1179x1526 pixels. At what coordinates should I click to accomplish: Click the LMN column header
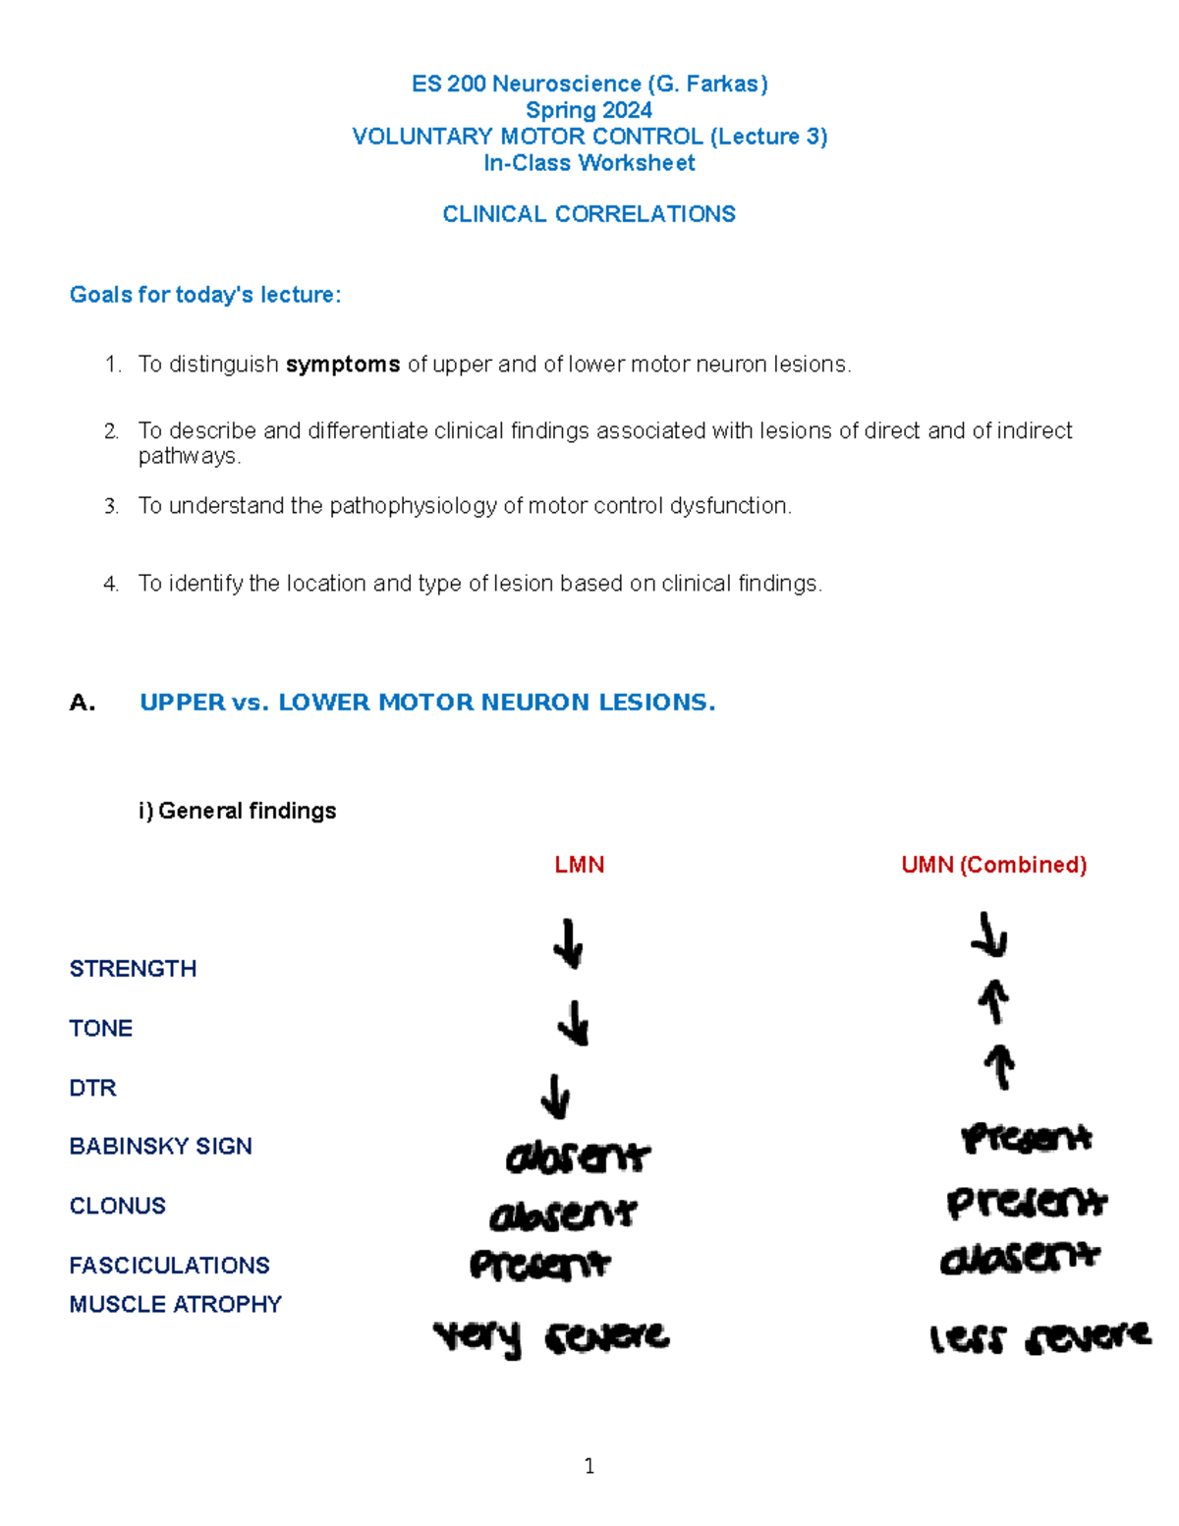[x=579, y=865]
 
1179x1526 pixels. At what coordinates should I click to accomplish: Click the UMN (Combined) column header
[x=993, y=865]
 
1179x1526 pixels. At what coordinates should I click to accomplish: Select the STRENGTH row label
[x=133, y=969]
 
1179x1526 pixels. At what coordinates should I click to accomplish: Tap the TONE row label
[x=101, y=1028]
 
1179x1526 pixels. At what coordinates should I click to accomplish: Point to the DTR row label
[x=93, y=1088]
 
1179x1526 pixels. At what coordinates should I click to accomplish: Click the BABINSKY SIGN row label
[x=161, y=1146]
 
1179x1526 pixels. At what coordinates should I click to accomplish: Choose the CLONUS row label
[x=118, y=1206]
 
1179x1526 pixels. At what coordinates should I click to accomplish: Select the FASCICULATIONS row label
[x=170, y=1265]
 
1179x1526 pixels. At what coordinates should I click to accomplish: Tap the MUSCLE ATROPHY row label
[x=176, y=1304]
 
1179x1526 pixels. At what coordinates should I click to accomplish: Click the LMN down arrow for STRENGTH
[x=568, y=943]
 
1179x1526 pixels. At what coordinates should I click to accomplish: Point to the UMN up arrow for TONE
[x=993, y=1002]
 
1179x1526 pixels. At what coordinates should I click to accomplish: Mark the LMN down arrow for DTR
[x=556, y=1096]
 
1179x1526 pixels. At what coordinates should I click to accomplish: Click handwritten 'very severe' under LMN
[x=551, y=1337]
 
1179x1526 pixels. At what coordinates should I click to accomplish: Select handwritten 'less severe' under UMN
[x=1039, y=1337]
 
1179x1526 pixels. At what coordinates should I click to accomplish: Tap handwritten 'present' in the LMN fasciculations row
[x=539, y=1265]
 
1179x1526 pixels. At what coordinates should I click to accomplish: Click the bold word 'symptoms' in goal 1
[x=343, y=365]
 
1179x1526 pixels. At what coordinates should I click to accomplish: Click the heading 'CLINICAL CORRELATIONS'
[x=589, y=214]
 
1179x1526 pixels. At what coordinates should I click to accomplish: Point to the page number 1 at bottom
[x=589, y=1466]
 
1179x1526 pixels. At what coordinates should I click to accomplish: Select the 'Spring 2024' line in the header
[x=589, y=110]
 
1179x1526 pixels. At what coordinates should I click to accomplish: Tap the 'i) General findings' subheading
[x=238, y=811]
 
